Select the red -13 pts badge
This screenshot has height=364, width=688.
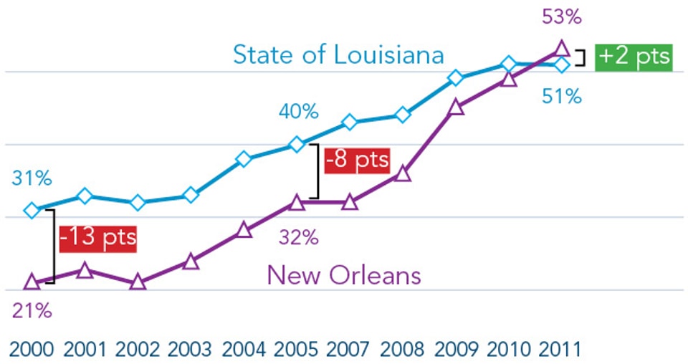(x=97, y=237)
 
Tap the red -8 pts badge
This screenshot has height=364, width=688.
(x=357, y=160)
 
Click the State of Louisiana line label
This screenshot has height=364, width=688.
(x=338, y=55)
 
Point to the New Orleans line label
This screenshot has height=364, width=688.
(x=344, y=275)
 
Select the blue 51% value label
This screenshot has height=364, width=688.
(x=561, y=95)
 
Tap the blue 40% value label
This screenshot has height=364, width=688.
(x=299, y=112)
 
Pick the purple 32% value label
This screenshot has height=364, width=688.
(x=299, y=237)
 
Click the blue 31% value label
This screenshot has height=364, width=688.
(x=32, y=178)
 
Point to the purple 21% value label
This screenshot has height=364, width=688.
(x=32, y=311)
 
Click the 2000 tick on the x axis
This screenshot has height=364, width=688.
(x=32, y=350)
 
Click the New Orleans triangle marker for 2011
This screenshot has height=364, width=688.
(x=562, y=49)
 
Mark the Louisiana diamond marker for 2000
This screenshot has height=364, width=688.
(x=32, y=210)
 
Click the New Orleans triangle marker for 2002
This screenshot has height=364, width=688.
(x=138, y=282)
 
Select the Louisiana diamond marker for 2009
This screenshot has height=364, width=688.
(x=455, y=77)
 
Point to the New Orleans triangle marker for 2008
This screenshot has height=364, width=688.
(x=403, y=174)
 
